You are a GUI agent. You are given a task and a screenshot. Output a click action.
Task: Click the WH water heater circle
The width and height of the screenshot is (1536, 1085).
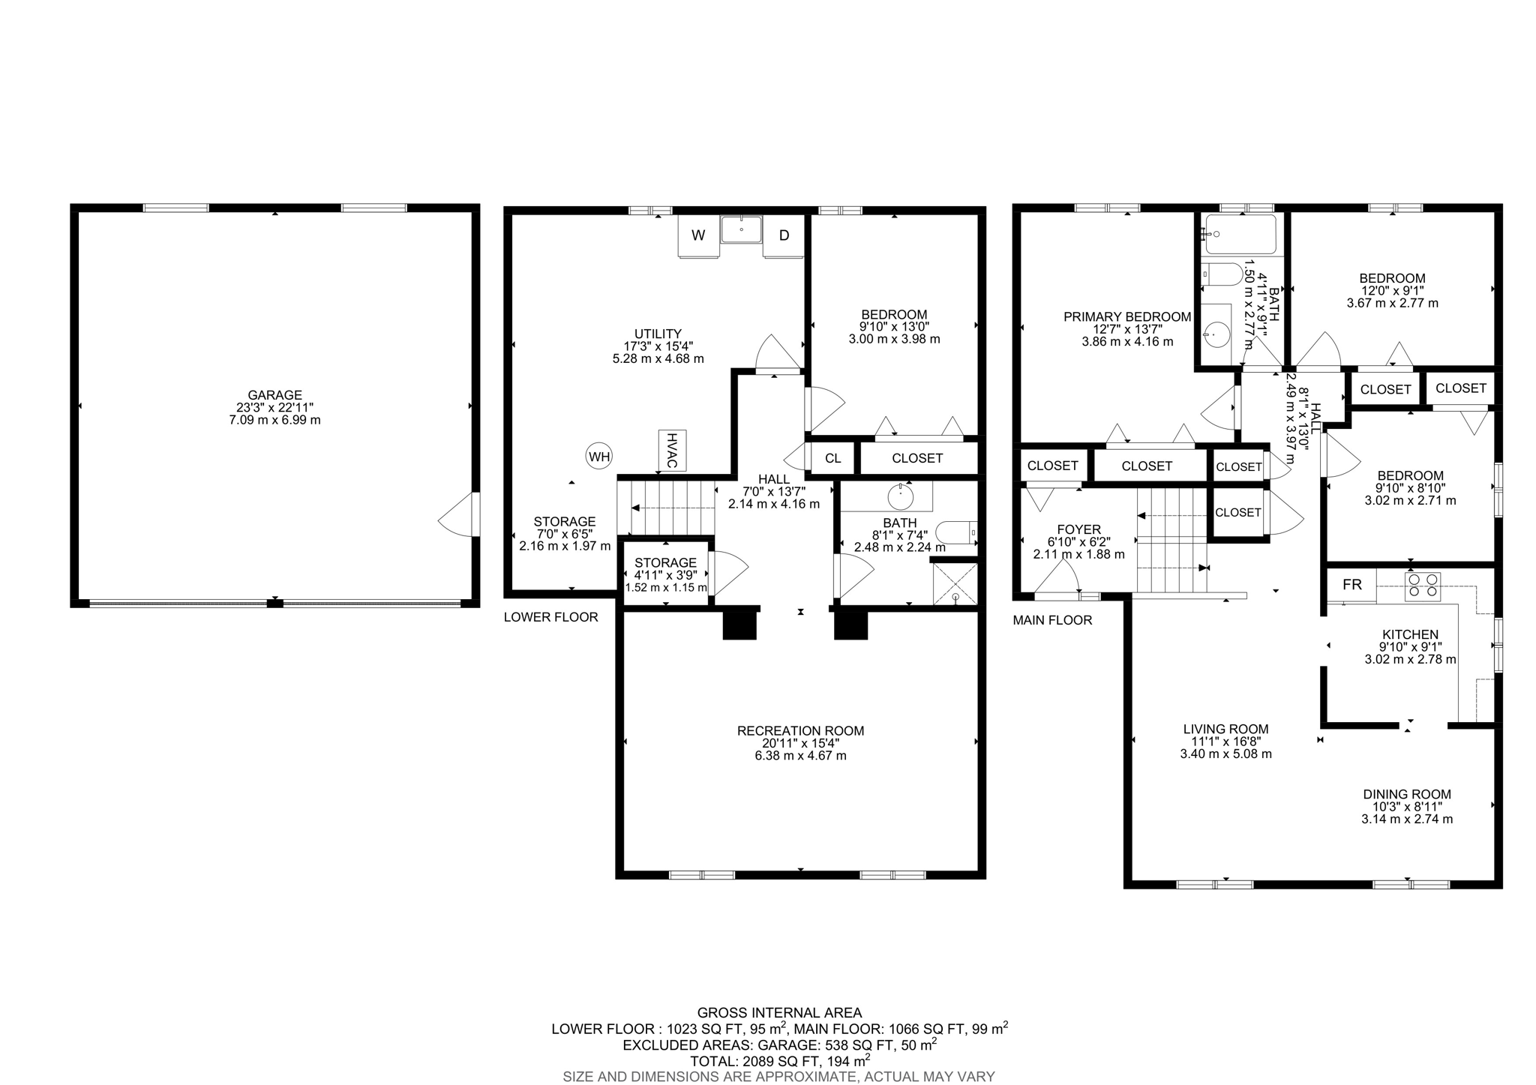[599, 456]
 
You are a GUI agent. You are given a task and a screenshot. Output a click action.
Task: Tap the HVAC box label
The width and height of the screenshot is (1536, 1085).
[672, 450]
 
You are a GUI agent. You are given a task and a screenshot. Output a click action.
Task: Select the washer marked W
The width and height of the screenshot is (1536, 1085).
[698, 235]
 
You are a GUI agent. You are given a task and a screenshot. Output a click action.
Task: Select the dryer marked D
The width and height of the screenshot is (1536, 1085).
[784, 235]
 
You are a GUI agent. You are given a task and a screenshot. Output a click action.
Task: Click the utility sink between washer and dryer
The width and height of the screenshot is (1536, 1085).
[741, 229]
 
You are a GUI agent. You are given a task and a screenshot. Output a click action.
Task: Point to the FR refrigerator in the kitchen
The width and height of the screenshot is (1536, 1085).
[1351, 585]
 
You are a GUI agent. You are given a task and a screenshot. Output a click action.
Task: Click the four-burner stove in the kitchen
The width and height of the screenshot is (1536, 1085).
[1422, 585]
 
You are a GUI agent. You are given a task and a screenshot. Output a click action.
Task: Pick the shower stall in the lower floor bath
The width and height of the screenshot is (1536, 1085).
[955, 583]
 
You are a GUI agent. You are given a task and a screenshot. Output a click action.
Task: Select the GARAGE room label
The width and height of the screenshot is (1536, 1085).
[274, 395]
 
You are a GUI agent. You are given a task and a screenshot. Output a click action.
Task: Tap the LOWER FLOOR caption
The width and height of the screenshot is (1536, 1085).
[550, 617]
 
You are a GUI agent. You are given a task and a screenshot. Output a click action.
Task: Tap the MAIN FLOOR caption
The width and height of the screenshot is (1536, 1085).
[1051, 620]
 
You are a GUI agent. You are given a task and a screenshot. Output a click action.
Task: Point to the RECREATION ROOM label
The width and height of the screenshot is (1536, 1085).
[800, 730]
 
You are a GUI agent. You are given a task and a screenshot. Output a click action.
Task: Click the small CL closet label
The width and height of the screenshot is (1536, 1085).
[832, 458]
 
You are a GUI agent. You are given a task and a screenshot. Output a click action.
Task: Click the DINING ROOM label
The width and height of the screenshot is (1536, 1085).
[1406, 794]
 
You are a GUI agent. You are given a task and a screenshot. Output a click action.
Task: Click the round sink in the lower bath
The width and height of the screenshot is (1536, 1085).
[898, 496]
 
